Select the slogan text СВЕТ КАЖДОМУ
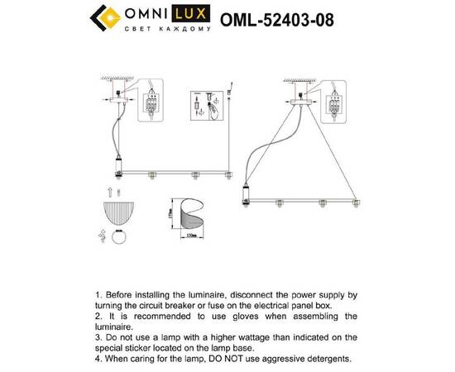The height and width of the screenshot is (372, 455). click(171, 26)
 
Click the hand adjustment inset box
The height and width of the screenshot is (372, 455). click(203, 103)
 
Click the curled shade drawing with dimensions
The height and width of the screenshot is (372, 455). click(189, 218)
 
